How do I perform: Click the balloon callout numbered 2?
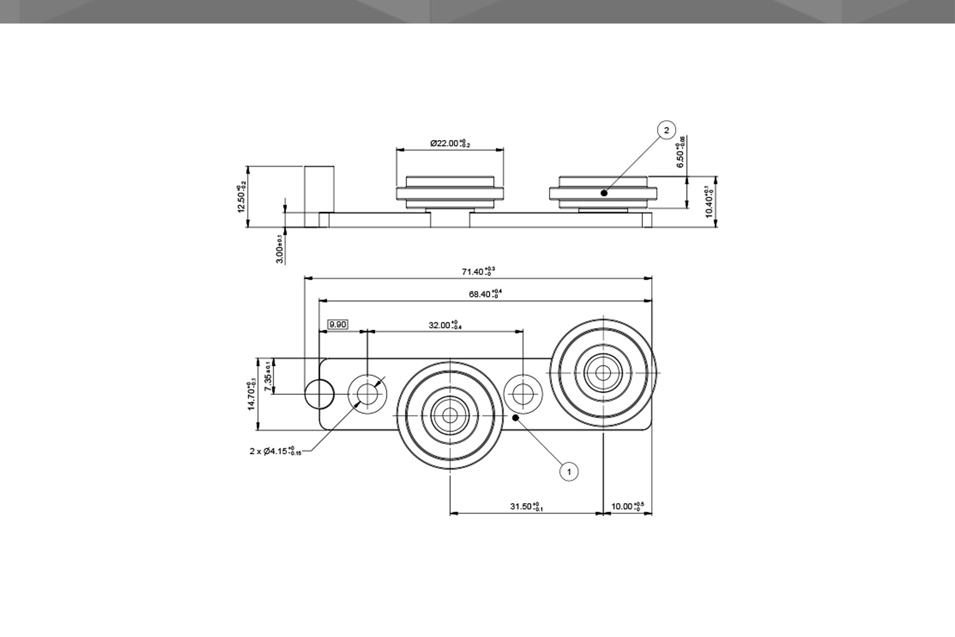pos(667,131)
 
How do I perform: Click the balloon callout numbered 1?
pos(569,471)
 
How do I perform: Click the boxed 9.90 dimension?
pos(337,324)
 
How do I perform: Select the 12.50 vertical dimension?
pos(241,198)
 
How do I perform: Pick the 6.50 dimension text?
pos(681,153)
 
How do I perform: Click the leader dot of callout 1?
pos(515,418)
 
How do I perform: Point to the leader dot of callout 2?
pos(604,192)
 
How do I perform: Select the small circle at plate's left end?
pos(319,394)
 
